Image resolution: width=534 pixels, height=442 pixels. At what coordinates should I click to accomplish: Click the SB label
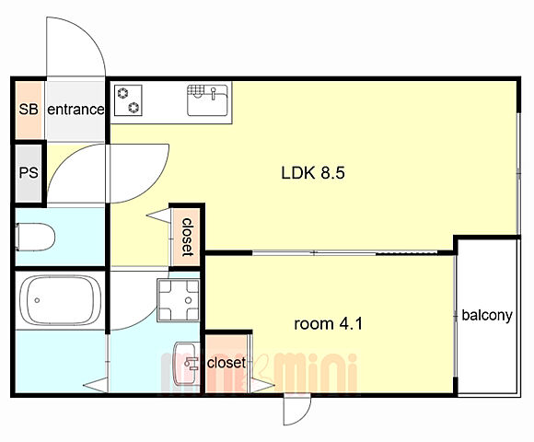(29, 110)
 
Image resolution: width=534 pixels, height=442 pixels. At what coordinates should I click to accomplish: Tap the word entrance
(75, 110)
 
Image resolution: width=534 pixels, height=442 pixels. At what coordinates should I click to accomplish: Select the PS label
(29, 172)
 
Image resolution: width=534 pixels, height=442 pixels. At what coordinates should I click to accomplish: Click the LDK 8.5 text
(313, 172)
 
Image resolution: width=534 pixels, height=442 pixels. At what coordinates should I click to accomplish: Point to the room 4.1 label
(329, 323)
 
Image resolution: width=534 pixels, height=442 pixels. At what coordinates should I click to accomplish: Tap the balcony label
(487, 315)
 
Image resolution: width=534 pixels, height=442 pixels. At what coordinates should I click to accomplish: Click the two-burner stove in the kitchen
(128, 100)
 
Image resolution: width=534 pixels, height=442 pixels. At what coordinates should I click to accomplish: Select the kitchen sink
(207, 100)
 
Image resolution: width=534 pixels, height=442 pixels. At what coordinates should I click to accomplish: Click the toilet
(35, 237)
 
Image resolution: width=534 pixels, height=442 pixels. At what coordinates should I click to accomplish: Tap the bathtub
(61, 300)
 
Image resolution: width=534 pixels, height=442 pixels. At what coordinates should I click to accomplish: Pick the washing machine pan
(178, 300)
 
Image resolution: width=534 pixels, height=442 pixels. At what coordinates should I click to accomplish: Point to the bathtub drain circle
(37, 300)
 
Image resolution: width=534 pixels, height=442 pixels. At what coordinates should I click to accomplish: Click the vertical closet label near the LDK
(187, 237)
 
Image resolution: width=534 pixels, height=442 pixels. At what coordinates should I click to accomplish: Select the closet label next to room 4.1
(226, 362)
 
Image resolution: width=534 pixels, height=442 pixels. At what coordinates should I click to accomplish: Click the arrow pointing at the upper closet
(158, 215)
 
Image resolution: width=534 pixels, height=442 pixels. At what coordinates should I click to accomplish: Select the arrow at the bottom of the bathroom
(96, 385)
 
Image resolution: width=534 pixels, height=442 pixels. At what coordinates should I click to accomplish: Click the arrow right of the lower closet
(262, 385)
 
